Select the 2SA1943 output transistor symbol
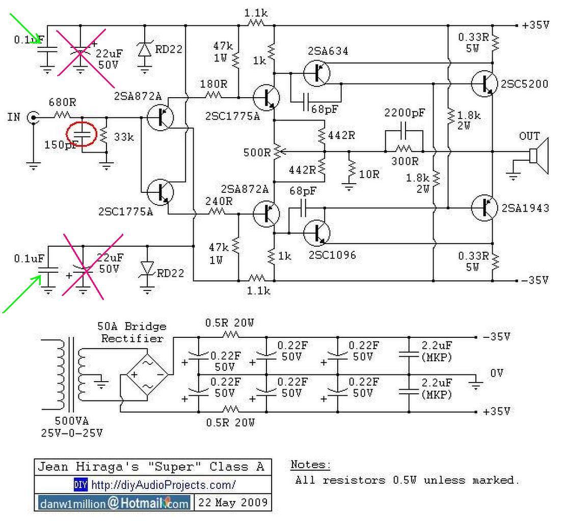(484, 207)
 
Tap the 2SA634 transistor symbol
(316, 73)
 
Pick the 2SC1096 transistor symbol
(316, 233)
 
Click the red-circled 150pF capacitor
(82, 134)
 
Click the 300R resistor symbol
(404, 149)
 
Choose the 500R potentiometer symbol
(277, 151)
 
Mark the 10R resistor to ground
(351, 167)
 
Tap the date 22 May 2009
(233, 503)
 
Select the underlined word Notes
(310, 465)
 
